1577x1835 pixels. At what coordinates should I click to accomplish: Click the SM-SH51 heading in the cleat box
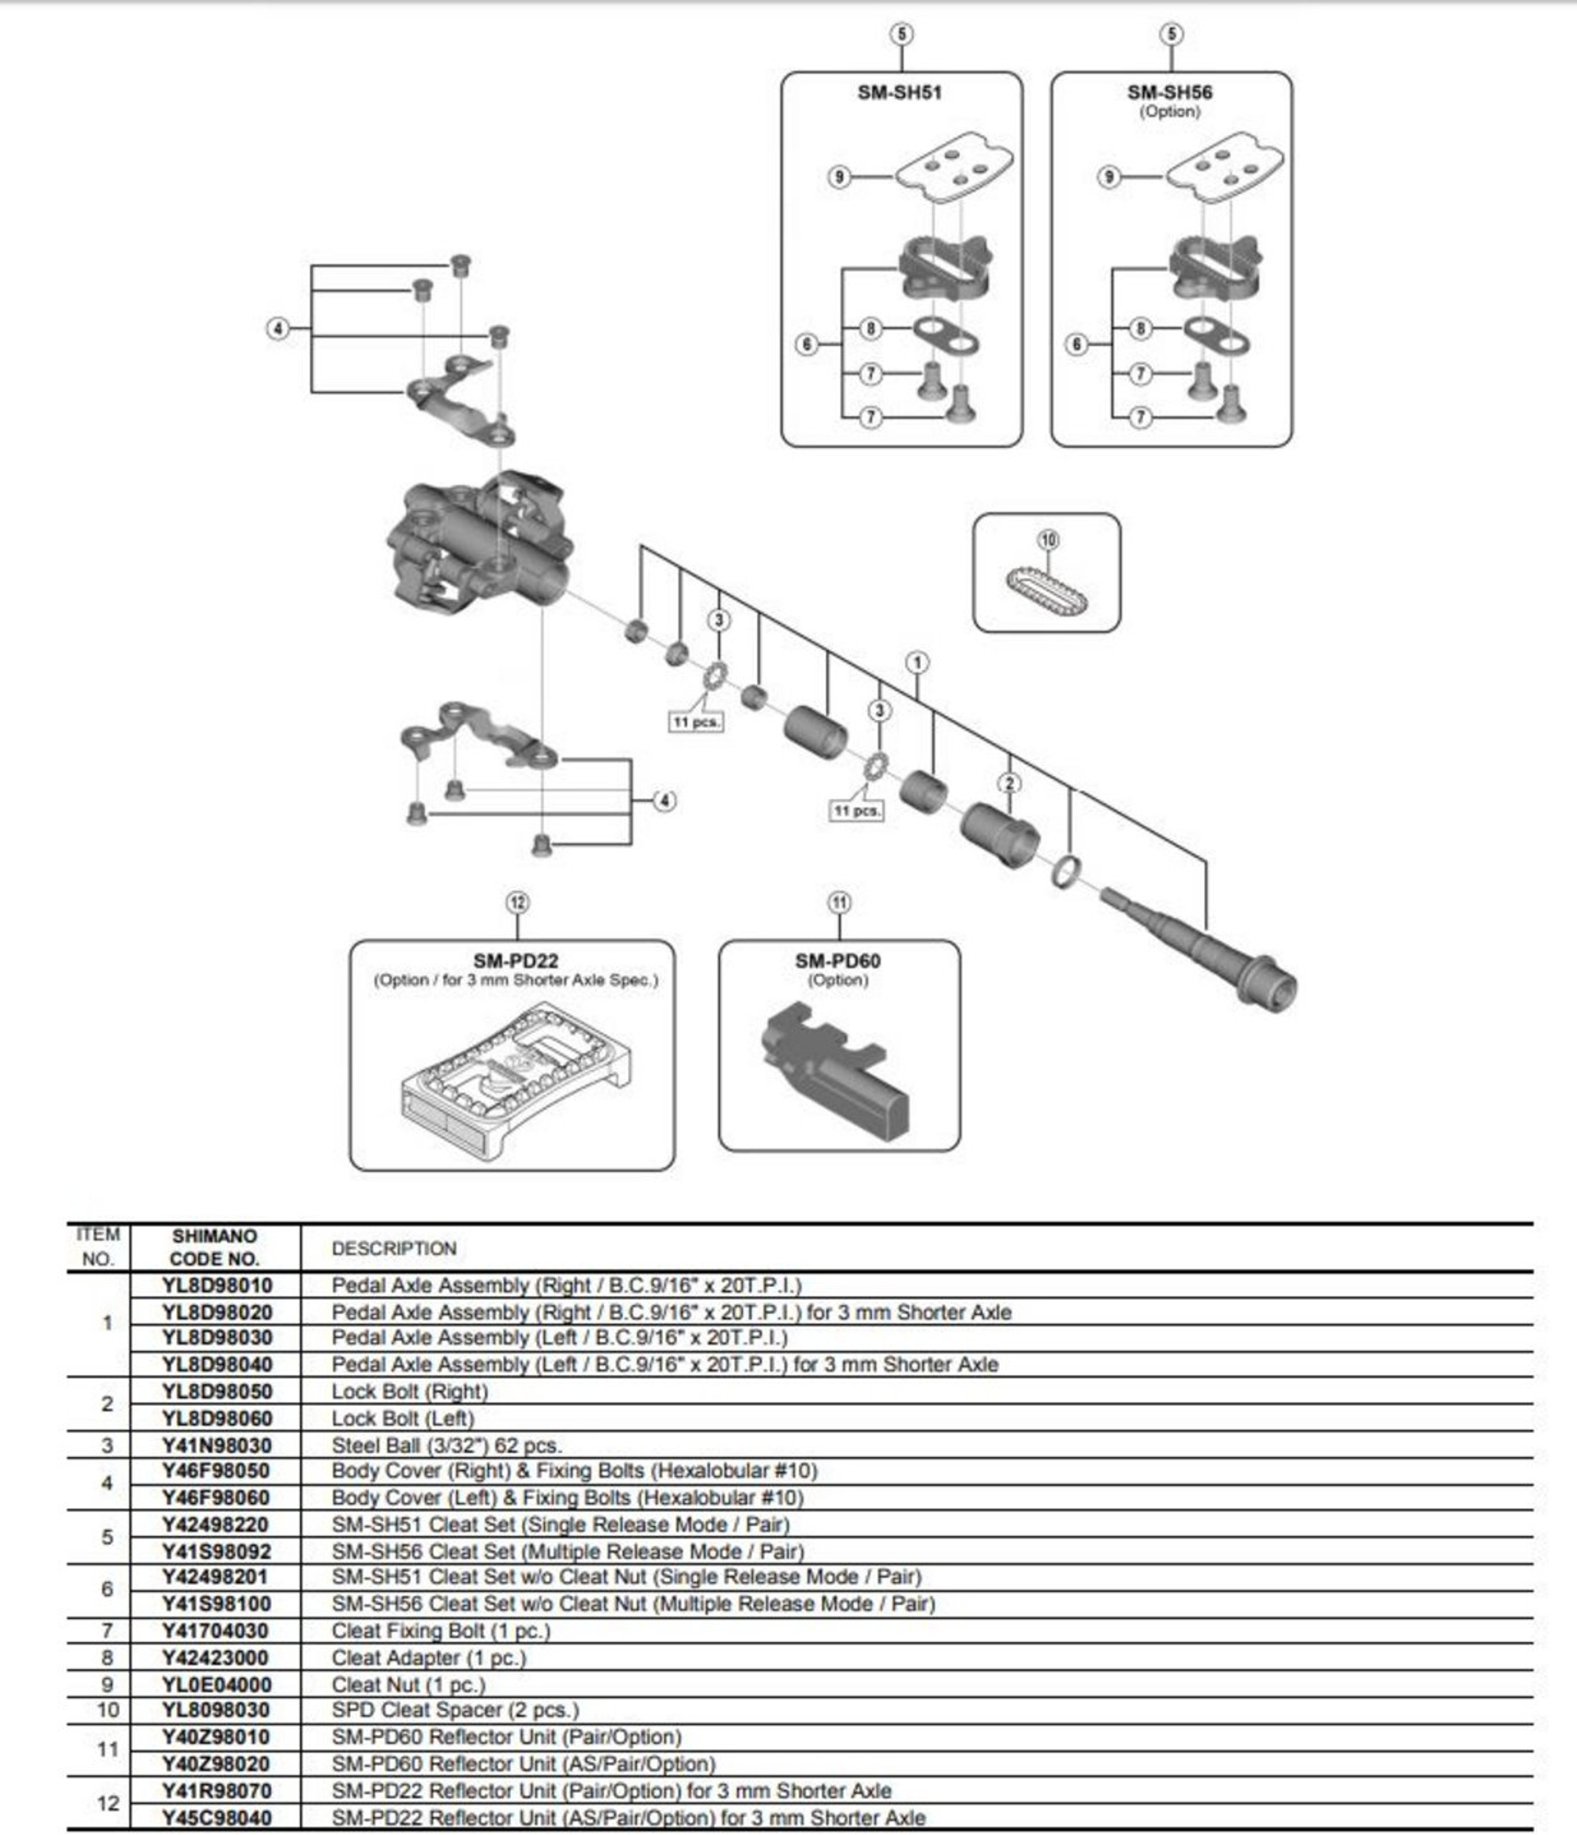899,92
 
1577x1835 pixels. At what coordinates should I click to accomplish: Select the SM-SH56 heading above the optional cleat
1169,92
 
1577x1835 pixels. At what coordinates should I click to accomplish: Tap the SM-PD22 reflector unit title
516,961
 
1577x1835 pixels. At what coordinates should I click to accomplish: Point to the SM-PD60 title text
837,961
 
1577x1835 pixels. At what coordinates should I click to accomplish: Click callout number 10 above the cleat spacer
1047,540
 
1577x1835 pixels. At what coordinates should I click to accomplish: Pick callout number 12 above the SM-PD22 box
518,902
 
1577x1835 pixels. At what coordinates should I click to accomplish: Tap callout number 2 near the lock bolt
1009,783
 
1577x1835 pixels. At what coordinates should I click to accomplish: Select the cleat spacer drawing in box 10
1046,591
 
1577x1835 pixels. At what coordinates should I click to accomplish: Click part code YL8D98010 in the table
217,1285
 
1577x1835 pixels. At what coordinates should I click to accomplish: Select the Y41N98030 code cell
217,1445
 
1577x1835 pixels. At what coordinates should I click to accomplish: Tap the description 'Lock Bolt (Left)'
403,1419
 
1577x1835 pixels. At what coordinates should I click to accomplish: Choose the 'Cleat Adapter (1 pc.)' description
429,1658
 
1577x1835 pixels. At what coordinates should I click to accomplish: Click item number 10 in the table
107,1710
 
